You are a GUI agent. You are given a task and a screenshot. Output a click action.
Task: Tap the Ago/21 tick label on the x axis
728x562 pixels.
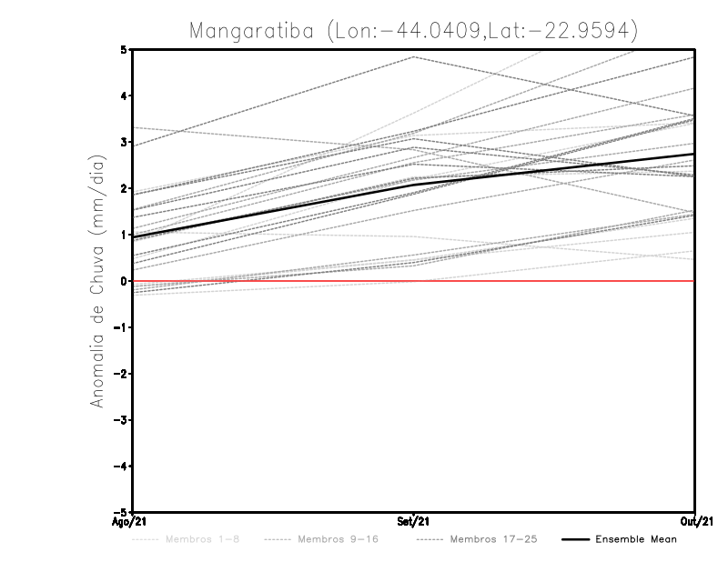pos(133,521)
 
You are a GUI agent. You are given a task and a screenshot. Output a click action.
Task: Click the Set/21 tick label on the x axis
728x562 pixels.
pos(414,521)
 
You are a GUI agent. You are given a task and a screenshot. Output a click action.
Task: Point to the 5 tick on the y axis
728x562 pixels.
pos(123,49)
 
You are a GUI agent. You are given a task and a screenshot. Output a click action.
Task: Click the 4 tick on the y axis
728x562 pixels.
pos(123,95)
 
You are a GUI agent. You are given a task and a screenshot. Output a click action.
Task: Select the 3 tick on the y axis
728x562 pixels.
pos(123,142)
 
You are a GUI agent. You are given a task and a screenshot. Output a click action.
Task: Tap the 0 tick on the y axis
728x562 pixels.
pos(123,281)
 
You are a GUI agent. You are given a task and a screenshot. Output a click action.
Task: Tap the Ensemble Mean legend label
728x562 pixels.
pos(636,539)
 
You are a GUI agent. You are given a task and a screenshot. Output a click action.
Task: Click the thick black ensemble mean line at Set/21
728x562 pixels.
pos(414,185)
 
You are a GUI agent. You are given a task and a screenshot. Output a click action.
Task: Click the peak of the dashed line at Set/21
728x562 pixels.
pos(414,56)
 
